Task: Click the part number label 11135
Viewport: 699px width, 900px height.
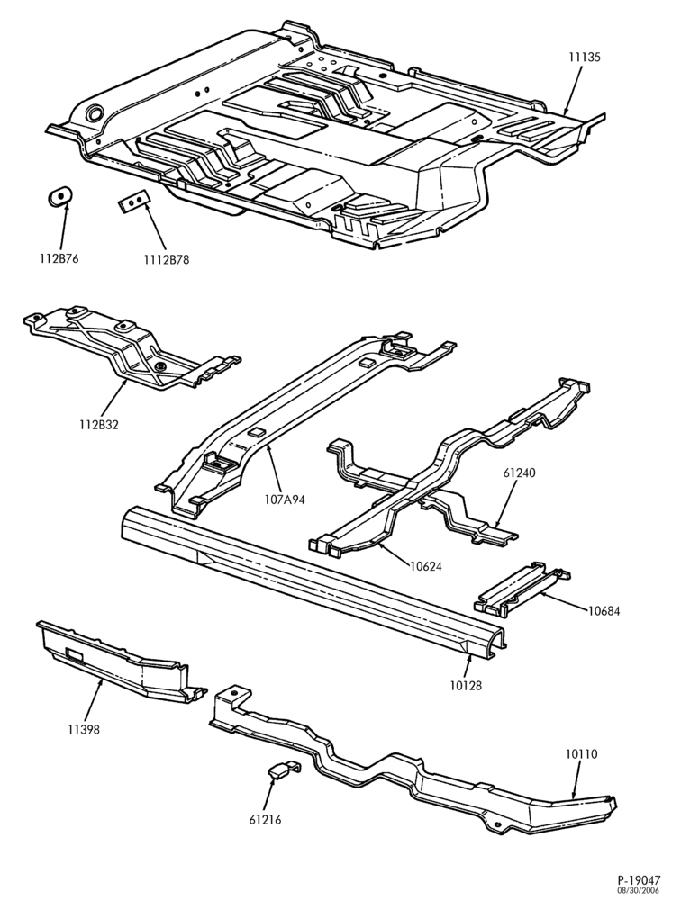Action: coord(584,58)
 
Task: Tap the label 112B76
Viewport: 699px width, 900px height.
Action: coord(59,259)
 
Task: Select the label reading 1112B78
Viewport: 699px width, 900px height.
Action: coord(166,259)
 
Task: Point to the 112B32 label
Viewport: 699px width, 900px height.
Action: coord(99,425)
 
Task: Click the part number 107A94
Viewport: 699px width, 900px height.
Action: coord(285,499)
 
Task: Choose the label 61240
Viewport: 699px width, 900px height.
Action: coord(519,473)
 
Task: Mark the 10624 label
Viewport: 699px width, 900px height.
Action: coord(426,566)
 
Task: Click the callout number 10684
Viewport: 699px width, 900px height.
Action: coord(604,611)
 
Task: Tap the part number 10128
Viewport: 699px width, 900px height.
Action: coord(466,685)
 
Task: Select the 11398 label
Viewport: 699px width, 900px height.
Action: coord(84,730)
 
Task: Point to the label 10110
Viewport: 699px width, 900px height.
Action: coord(581,754)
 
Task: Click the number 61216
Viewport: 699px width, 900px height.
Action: coord(266,820)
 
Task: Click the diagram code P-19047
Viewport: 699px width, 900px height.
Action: coord(640,880)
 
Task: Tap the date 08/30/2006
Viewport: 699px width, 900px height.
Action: coord(639,890)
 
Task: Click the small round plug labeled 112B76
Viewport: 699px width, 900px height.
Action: coord(59,197)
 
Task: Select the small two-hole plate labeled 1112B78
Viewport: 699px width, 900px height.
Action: coord(134,201)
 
